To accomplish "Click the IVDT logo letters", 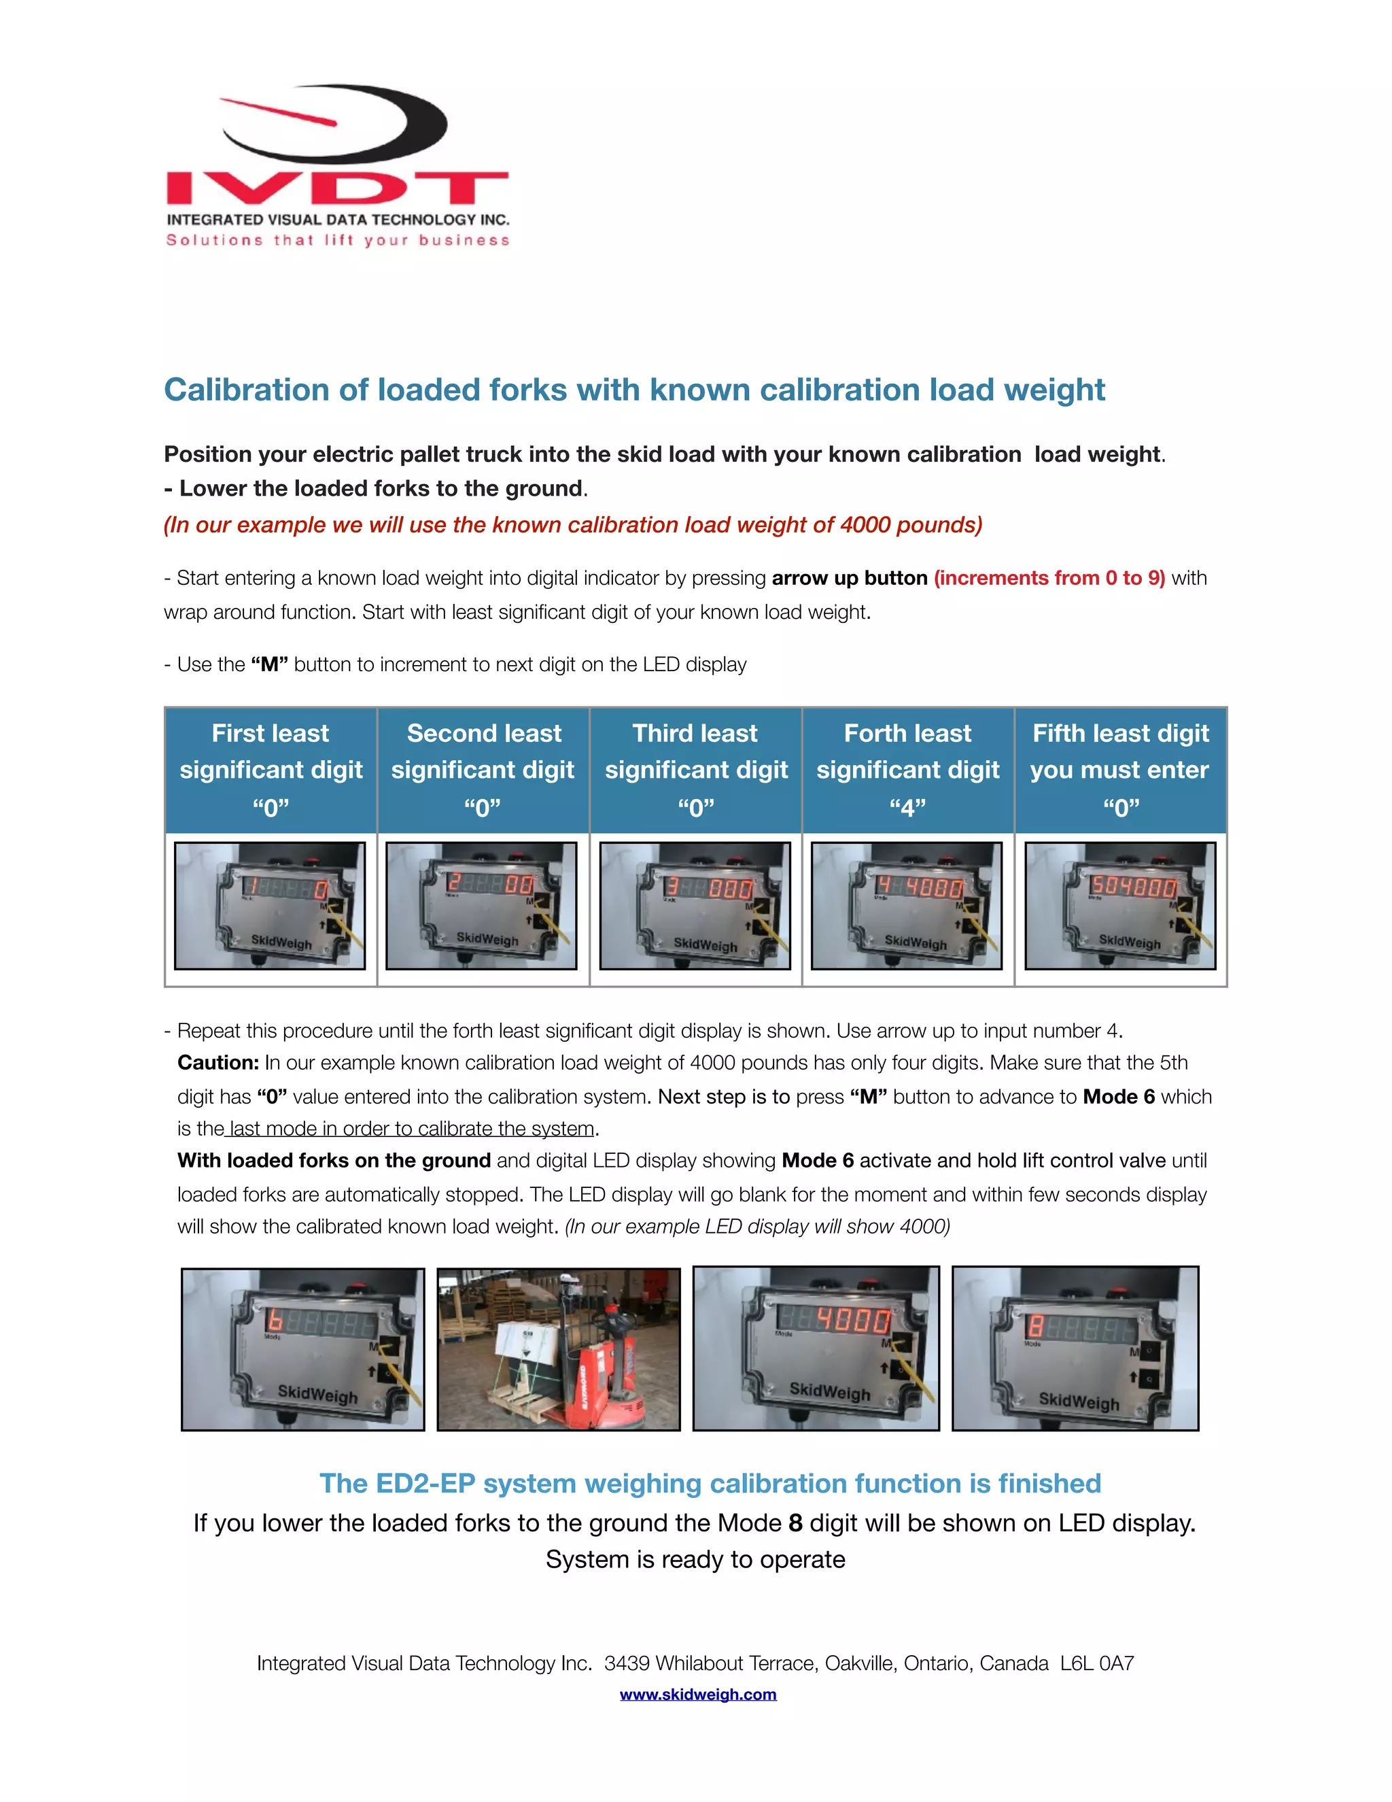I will click(336, 188).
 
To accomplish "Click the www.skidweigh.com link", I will click(697, 1694).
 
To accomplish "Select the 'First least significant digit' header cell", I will click(271, 769).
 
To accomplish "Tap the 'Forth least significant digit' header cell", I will click(907, 769).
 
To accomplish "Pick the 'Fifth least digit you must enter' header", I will click(1120, 769).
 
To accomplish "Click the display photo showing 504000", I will click(1120, 905).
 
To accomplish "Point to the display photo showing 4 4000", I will click(906, 905).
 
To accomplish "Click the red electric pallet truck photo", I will click(558, 1349).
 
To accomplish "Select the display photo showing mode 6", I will click(302, 1349).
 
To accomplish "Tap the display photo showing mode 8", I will click(1075, 1349).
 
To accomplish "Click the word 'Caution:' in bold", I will click(217, 1063).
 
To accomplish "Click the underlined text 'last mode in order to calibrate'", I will click(411, 1129).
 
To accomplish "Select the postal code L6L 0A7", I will click(1097, 1663).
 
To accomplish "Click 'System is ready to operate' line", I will click(695, 1559).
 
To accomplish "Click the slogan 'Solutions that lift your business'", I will click(338, 240).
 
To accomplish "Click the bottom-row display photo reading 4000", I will click(816, 1349).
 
